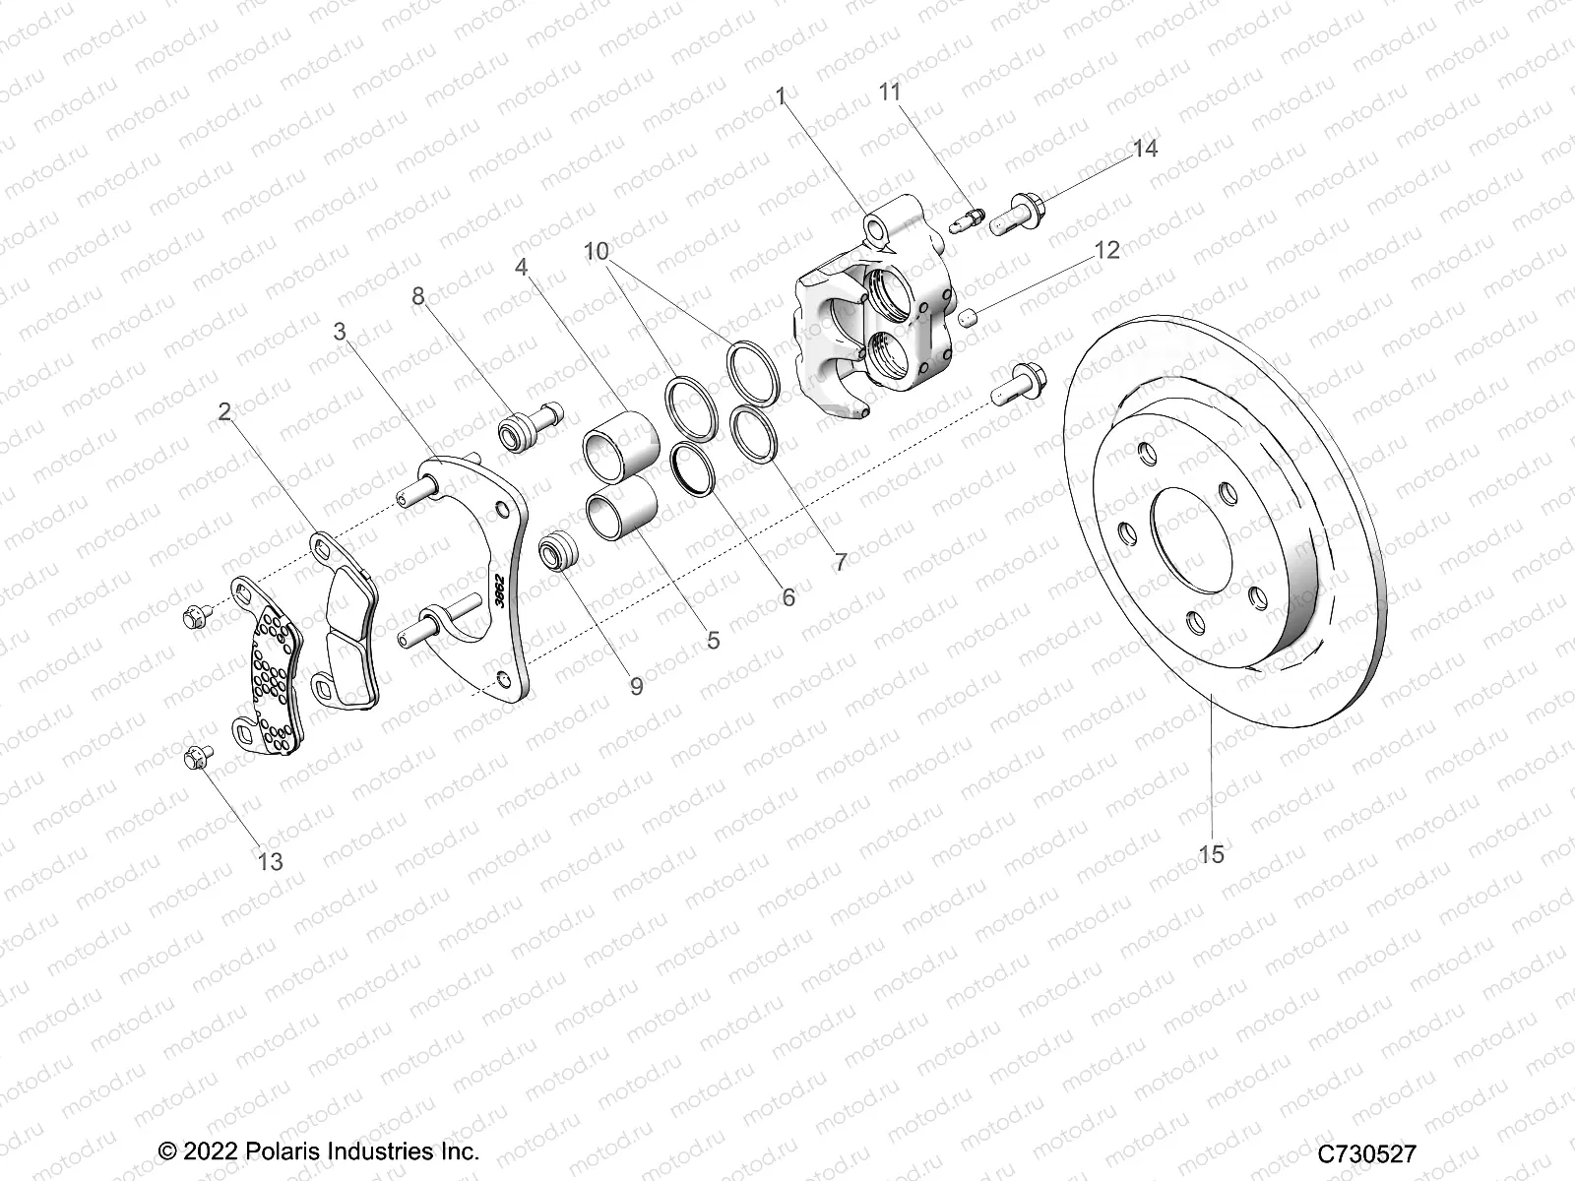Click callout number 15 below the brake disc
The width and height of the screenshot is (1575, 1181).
tap(1212, 854)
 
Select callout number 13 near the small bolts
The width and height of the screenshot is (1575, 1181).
tap(270, 862)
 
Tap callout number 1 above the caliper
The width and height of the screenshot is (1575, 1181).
tap(781, 96)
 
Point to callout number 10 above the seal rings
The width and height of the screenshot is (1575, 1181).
tap(596, 250)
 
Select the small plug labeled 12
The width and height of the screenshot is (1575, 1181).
tap(967, 317)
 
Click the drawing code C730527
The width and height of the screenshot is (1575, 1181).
tap(1366, 1152)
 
